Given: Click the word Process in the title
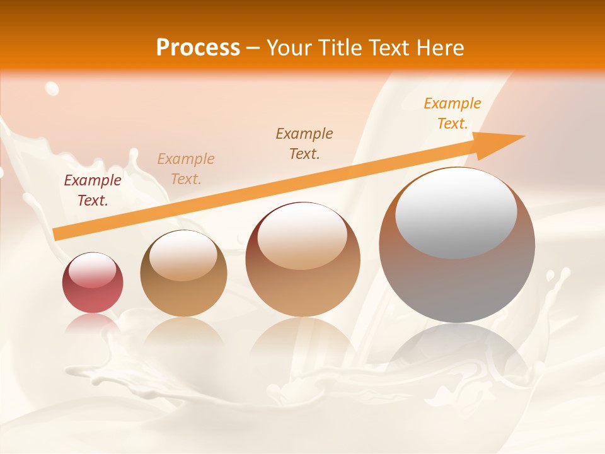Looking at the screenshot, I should [198, 48].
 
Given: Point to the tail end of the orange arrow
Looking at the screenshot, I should [58, 234].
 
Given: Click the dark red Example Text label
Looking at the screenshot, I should [93, 190].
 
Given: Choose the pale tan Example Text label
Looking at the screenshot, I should [186, 169].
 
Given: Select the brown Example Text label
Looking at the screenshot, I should [304, 144].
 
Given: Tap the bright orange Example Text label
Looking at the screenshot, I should [452, 113].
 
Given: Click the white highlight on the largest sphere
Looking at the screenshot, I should [456, 212].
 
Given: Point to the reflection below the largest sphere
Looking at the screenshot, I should [457, 353].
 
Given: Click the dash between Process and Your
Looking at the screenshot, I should [253, 48].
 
